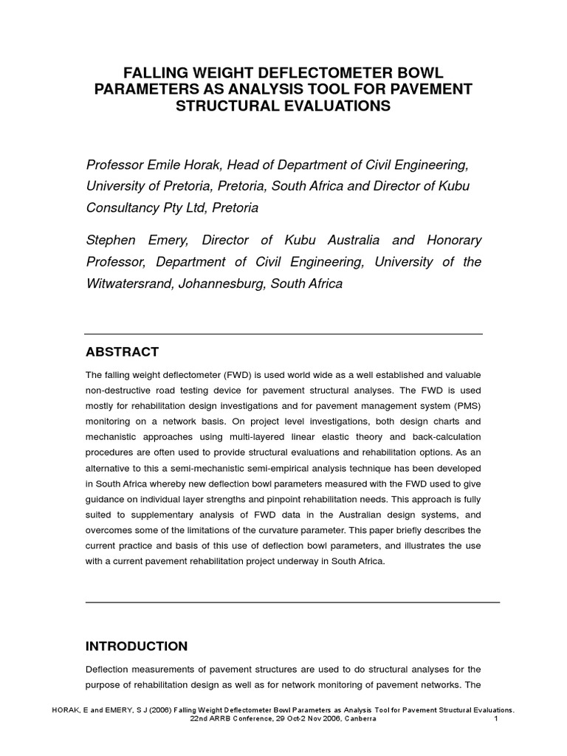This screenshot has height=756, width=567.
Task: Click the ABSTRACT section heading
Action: click(122, 351)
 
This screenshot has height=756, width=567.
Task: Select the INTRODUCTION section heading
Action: click(137, 646)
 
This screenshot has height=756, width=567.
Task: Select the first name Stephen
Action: click(112, 241)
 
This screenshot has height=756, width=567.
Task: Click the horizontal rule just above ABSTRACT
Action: click(284, 333)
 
